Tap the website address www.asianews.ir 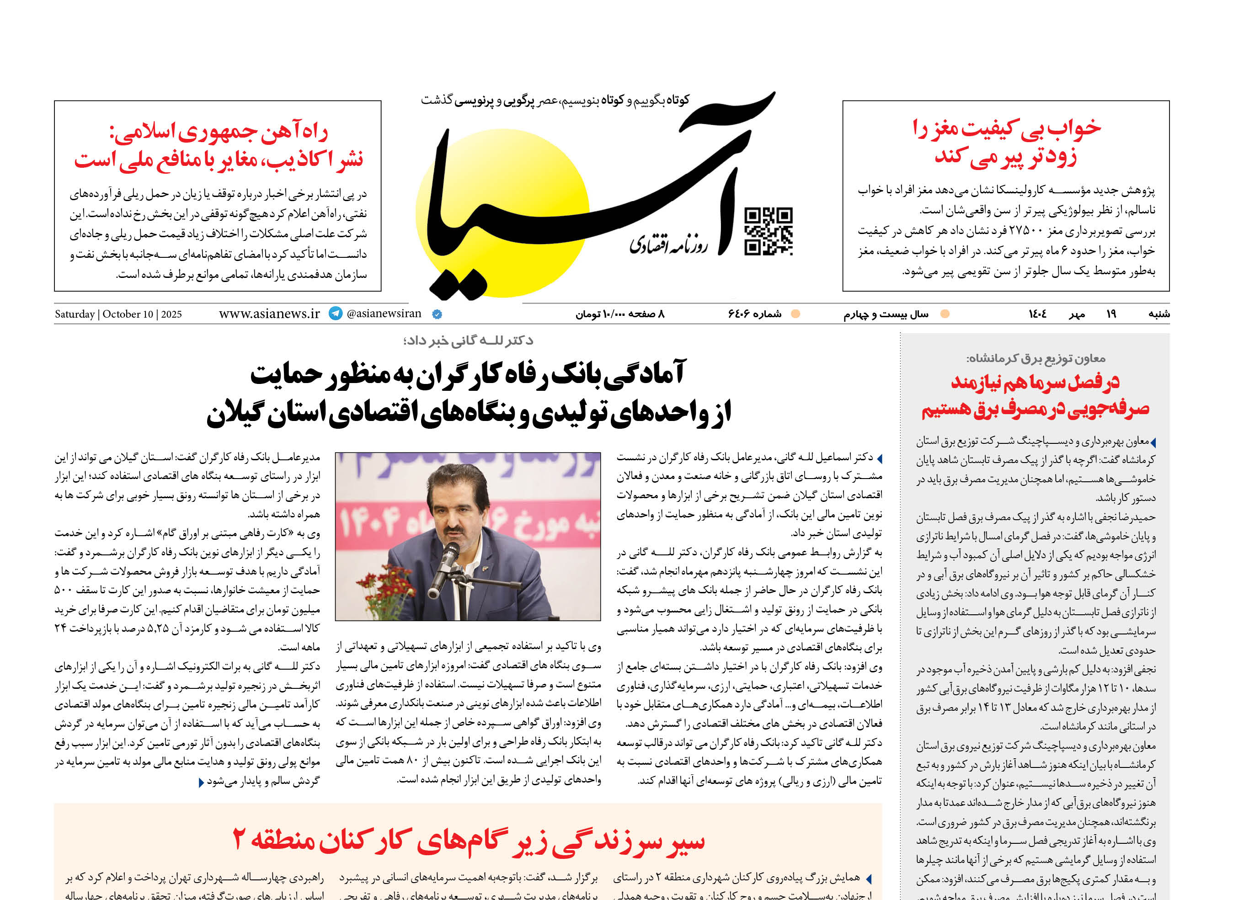tap(269, 314)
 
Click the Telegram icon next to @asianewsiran tap(336, 314)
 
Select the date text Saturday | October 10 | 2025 tap(118, 314)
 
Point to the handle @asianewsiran tap(384, 314)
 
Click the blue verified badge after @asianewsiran tap(437, 314)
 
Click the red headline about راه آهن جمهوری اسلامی tap(219, 146)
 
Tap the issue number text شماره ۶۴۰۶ tap(754, 314)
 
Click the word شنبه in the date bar tap(1159, 314)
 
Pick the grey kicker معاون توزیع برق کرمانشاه tap(1036, 358)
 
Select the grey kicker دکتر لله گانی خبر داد tap(469, 340)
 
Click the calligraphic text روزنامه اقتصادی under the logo tap(667, 244)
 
